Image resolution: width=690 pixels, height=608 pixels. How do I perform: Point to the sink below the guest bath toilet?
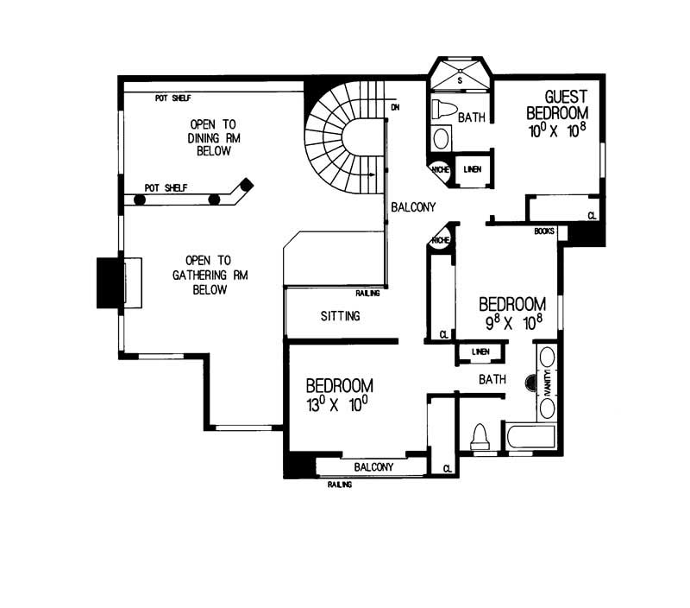click(440, 138)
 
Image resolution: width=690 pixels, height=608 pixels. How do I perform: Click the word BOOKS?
click(543, 231)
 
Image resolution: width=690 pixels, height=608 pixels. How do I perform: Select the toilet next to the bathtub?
click(479, 438)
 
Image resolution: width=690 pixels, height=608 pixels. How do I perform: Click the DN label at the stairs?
click(395, 107)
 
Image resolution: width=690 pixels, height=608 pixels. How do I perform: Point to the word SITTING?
click(340, 316)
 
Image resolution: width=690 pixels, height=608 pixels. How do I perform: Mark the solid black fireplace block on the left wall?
click(109, 282)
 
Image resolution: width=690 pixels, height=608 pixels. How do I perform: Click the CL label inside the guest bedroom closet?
click(592, 215)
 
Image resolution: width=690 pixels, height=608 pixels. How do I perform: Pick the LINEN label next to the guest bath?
click(472, 170)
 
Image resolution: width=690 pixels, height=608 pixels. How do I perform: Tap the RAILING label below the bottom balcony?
click(340, 484)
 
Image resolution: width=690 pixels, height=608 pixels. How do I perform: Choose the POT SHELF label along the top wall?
click(172, 98)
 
